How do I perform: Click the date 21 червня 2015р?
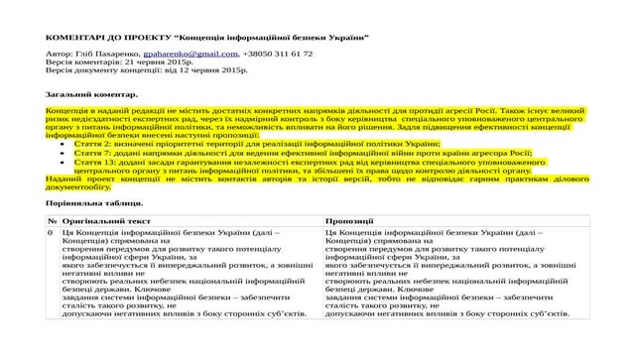(x=150, y=62)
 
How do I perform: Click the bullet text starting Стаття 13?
(x=298, y=162)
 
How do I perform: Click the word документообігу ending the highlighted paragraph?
(x=77, y=186)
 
